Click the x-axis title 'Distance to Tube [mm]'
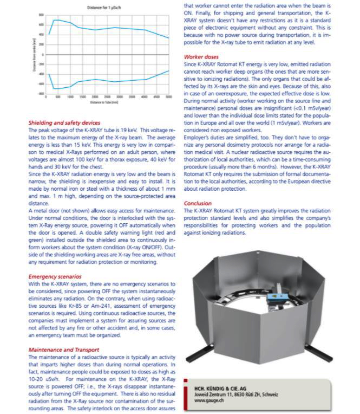click(x=104, y=101)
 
